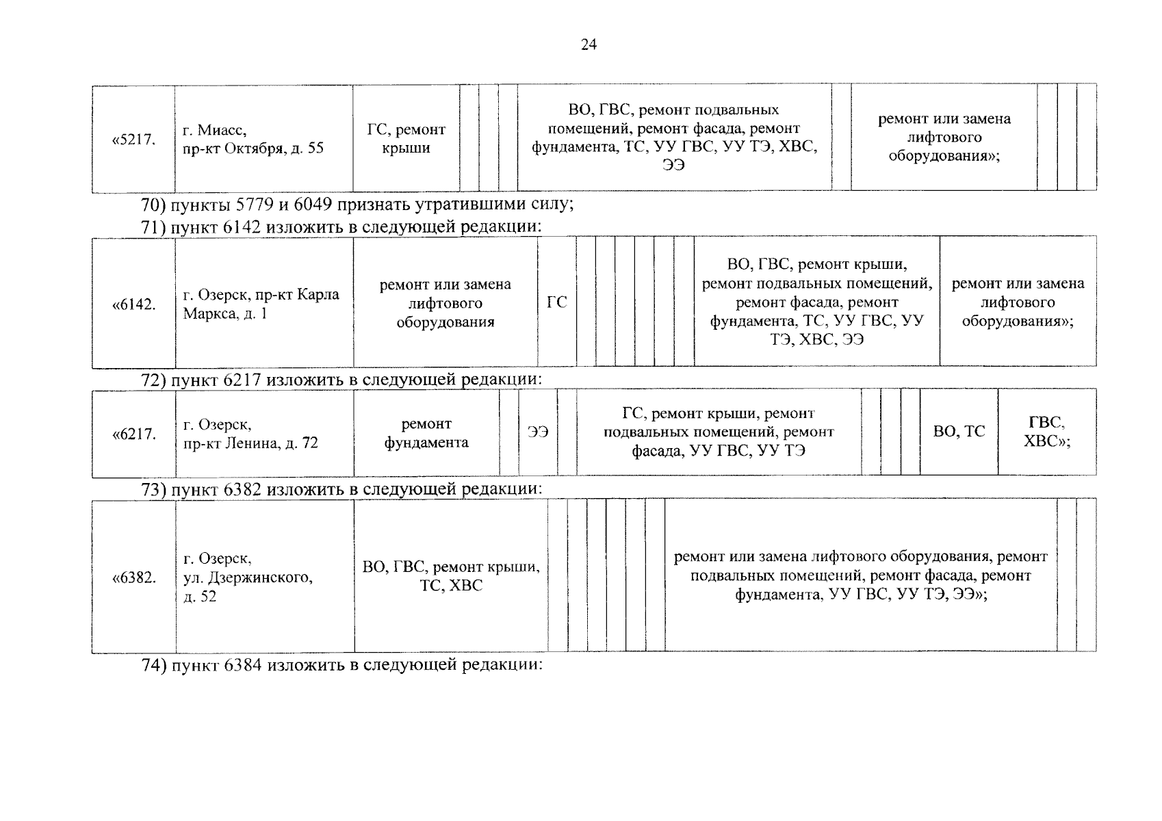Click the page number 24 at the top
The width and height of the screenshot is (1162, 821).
[589, 45]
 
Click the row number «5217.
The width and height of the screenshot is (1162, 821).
[134, 140]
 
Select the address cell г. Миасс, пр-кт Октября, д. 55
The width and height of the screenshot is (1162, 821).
[253, 139]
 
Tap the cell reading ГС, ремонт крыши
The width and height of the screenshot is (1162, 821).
[406, 138]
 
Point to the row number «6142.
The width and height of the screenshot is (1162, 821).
[134, 304]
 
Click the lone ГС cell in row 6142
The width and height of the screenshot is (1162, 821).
[556, 302]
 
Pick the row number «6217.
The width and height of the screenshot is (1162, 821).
[134, 434]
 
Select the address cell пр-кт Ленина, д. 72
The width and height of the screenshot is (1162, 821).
[250, 434]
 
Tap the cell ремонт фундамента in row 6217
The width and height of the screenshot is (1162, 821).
[426, 433]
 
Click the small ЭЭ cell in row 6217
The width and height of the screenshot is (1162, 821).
[538, 432]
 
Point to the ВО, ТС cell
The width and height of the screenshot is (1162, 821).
[959, 432]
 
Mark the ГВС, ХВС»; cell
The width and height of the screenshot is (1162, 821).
[1046, 432]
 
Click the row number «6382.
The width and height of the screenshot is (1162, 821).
[134, 577]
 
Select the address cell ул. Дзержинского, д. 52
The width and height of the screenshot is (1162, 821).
[248, 577]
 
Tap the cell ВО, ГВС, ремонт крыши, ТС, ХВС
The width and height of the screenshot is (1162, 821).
[451, 576]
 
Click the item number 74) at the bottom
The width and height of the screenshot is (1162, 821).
[154, 665]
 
